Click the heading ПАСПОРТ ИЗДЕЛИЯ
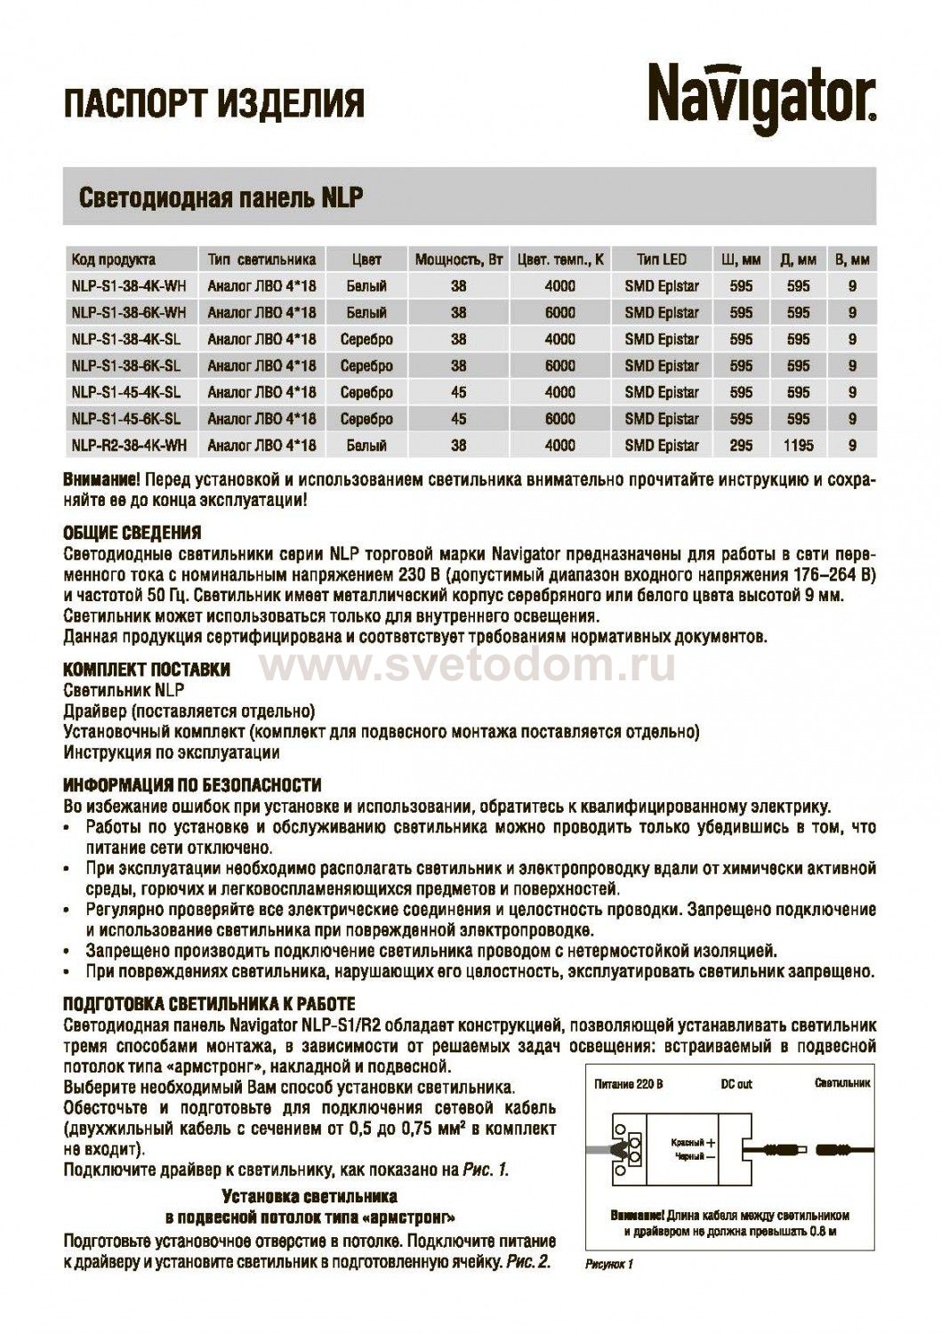click(213, 103)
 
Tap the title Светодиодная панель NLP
click(221, 197)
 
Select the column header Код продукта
click(113, 260)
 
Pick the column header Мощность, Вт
click(459, 260)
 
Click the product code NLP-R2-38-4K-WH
click(128, 446)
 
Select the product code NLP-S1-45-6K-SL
click(125, 419)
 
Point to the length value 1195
click(798, 446)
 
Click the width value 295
click(740, 446)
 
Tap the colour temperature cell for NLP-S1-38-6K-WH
click(559, 313)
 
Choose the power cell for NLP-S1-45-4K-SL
click(458, 392)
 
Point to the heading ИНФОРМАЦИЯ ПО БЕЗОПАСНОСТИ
click(192, 786)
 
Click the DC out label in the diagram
click(736, 1084)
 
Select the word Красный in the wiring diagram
click(687, 1142)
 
